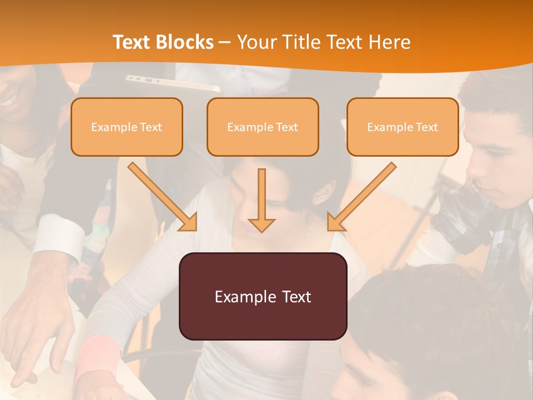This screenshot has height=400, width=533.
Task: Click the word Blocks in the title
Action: pos(185,42)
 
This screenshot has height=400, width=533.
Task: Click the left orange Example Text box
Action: pos(127,127)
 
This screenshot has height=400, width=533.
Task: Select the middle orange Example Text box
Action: pos(263,127)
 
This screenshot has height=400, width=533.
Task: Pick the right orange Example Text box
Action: pos(403,127)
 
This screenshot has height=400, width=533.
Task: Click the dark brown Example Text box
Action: pos(263,296)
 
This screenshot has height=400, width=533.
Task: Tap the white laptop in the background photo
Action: pos(172,83)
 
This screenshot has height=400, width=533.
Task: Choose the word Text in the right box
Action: pos(426,127)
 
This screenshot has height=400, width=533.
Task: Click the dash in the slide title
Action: pos(225,42)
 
